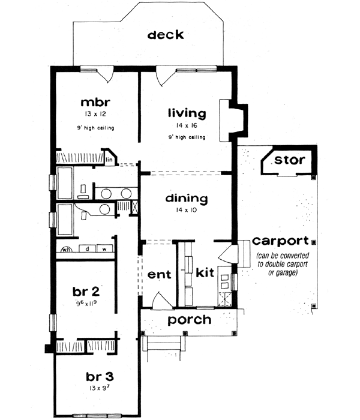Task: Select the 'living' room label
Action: pyautogui.click(x=187, y=112)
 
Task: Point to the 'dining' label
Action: pyautogui.click(x=187, y=198)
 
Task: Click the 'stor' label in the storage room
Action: pyautogui.click(x=290, y=160)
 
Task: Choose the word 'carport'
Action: pyautogui.click(x=280, y=241)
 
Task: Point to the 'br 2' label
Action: pyautogui.click(x=86, y=292)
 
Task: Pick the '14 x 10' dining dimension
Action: pyautogui.click(x=187, y=211)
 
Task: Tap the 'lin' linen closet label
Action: pyautogui.click(x=110, y=160)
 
